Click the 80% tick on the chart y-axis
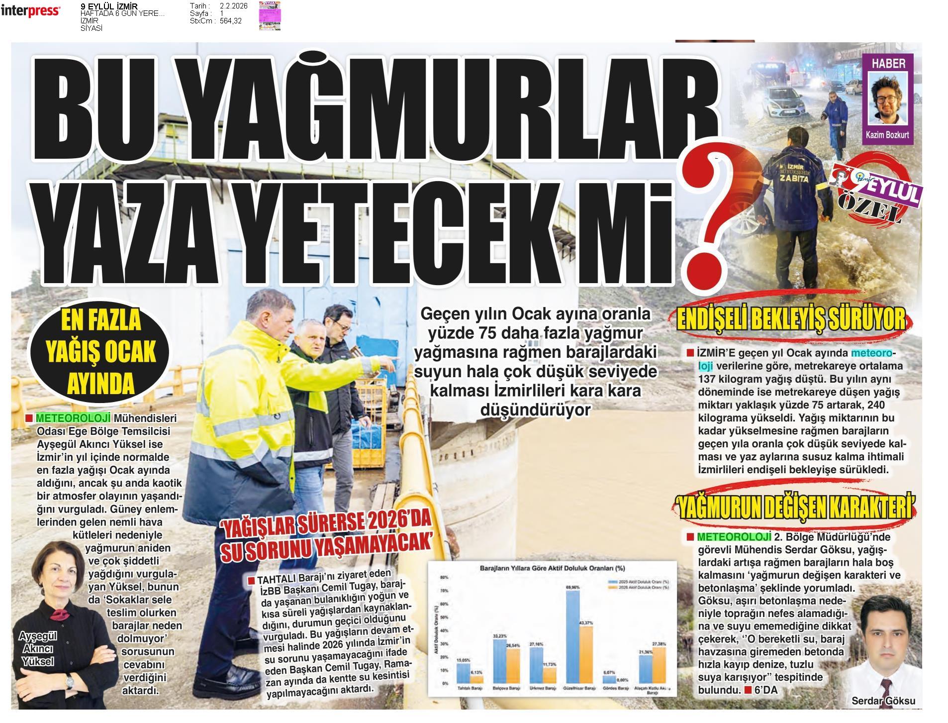(444, 578)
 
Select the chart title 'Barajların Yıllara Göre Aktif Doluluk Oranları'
(552, 568)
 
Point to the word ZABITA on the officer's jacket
(794, 178)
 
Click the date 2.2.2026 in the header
(233, 6)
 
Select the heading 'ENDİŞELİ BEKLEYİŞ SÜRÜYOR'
(791, 320)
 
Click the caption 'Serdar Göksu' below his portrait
(883, 701)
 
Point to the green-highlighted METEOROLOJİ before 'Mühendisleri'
(73, 418)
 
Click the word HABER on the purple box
(888, 63)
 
